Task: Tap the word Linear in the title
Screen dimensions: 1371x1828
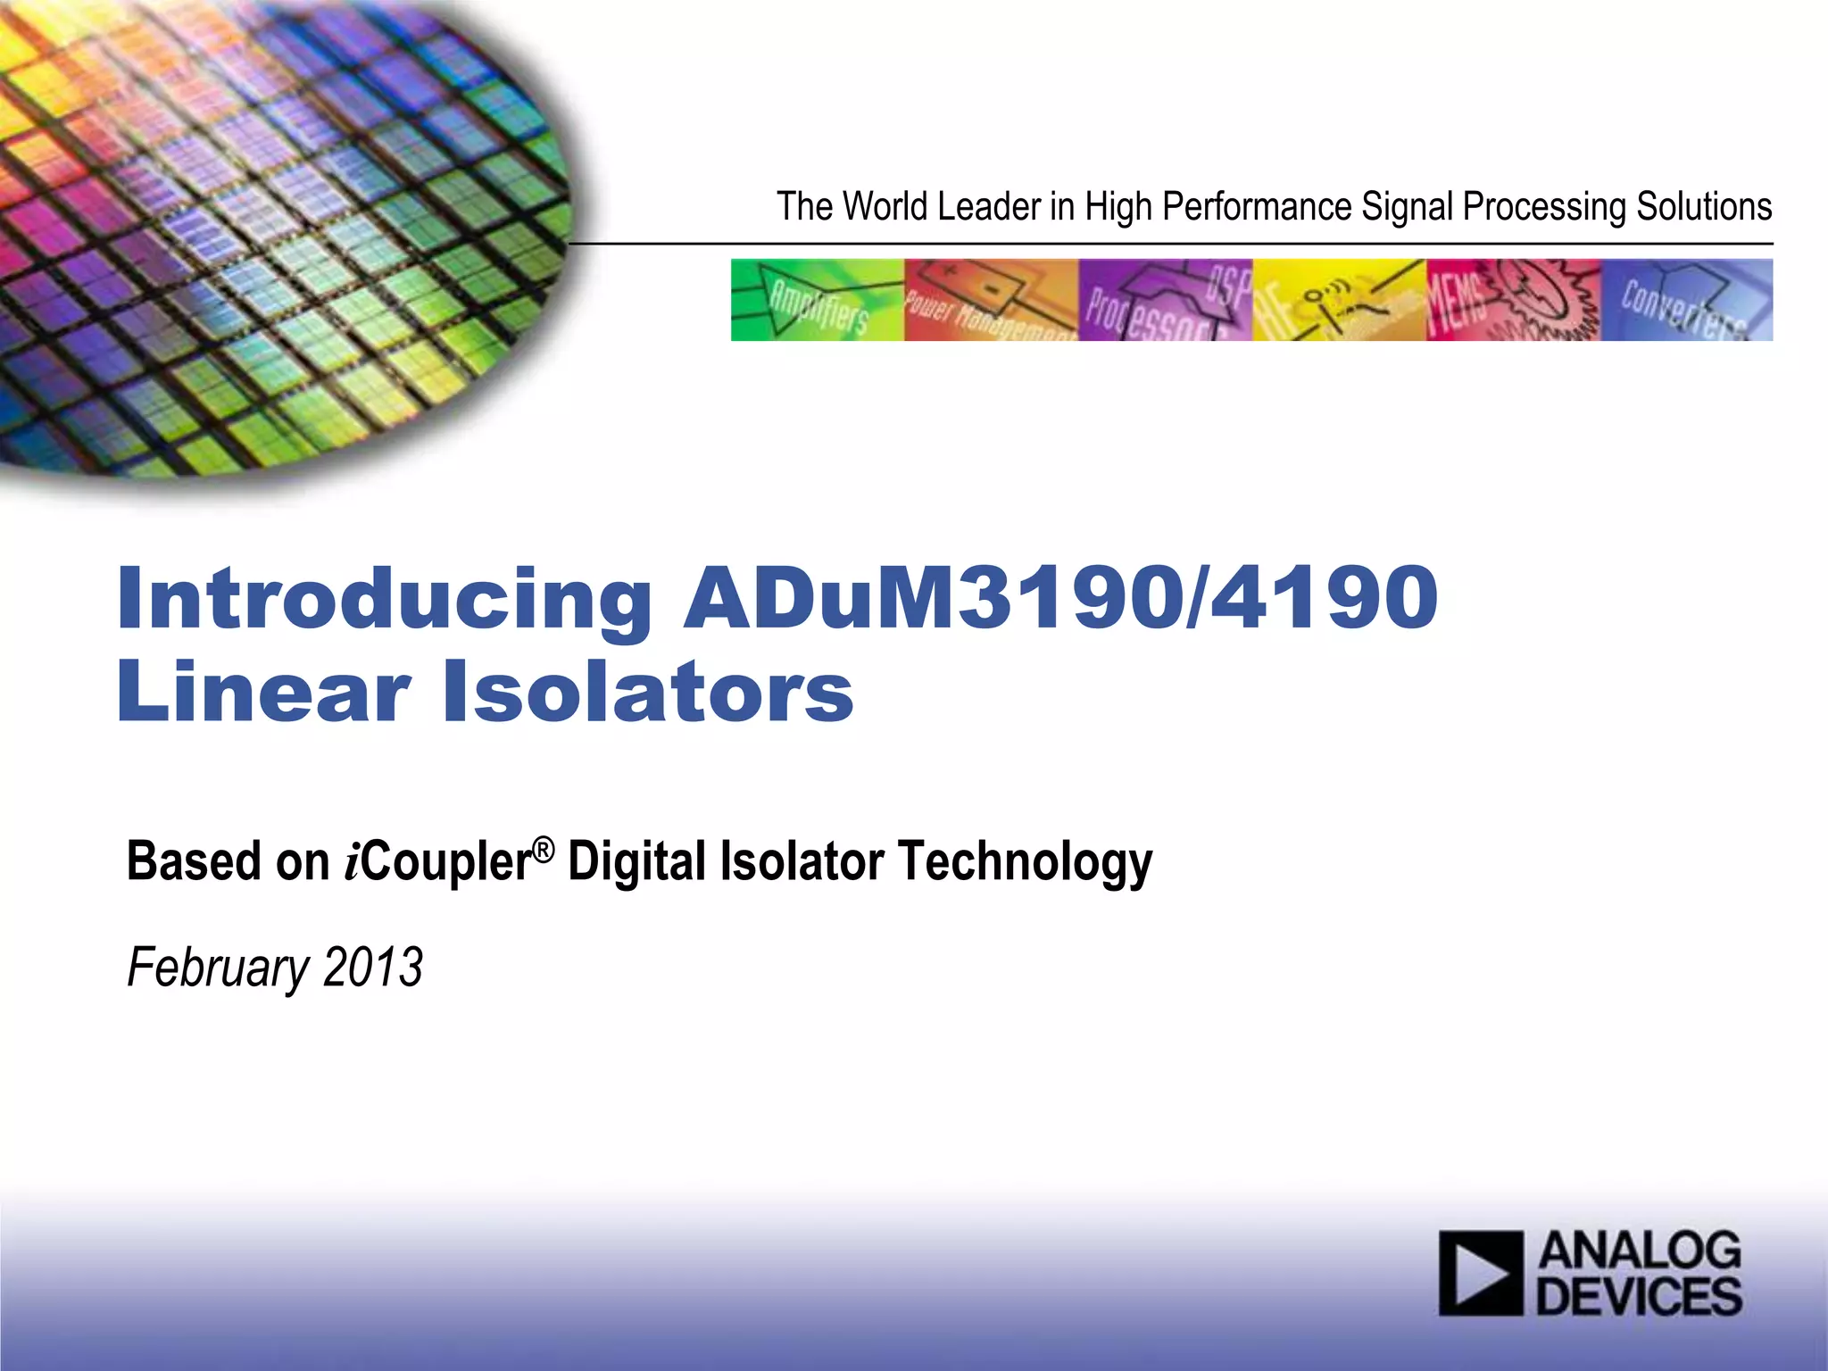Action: point(263,693)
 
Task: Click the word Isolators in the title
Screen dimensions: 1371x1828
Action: point(648,693)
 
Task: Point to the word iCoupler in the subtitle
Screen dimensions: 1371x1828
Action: point(438,862)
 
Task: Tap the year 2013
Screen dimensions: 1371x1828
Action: point(372,968)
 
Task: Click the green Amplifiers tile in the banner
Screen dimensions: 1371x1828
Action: point(817,300)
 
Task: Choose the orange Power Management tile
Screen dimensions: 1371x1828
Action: point(991,300)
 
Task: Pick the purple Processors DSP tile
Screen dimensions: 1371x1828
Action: point(1165,300)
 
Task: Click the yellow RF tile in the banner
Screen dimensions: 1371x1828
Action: point(1339,300)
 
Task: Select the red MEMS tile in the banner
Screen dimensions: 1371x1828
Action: point(1513,300)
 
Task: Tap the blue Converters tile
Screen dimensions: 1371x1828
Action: point(1687,300)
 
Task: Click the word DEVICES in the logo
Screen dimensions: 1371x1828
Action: point(1639,1297)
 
